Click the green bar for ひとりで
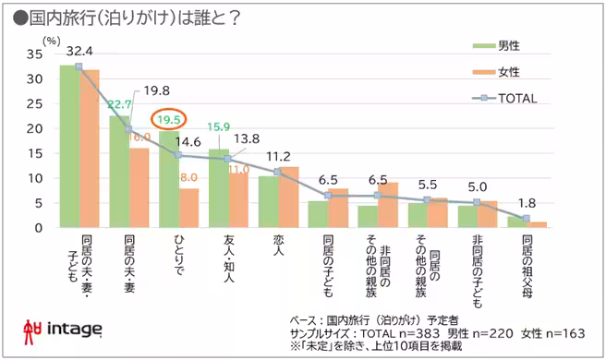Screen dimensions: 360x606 [x=167, y=179]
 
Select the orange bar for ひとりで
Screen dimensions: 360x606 [x=188, y=208]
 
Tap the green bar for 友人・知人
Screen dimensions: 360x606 [x=217, y=187]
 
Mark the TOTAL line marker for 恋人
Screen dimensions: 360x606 [x=277, y=172]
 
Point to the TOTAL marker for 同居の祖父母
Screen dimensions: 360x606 [x=527, y=219]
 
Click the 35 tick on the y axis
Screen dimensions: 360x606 [x=36, y=54]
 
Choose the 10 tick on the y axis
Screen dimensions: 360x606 [x=36, y=178]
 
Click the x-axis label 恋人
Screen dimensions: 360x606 [x=277, y=247]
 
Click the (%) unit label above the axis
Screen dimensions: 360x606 [x=52, y=41]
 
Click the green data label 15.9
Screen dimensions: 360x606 [x=218, y=126]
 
